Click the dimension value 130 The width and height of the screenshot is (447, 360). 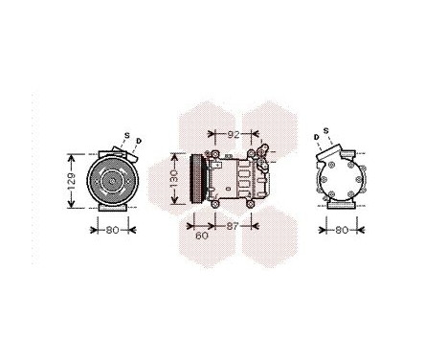click(174, 178)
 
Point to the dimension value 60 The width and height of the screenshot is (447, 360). click(201, 235)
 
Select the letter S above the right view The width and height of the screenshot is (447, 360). click(325, 130)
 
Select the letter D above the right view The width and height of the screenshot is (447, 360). click(316, 136)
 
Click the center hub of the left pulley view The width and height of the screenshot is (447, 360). click(112, 180)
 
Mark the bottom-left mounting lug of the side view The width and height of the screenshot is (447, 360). click(214, 202)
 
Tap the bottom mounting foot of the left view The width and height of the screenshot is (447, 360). click(112, 210)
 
